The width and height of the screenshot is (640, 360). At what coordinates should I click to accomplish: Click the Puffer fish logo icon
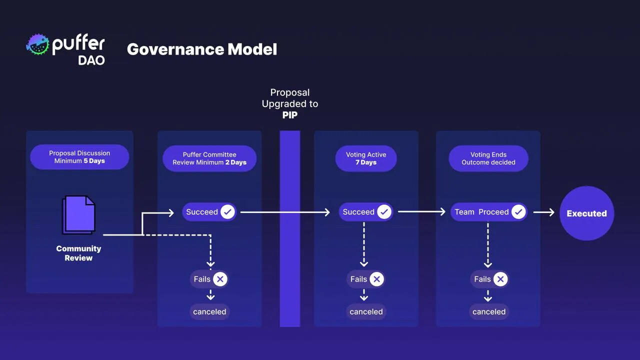coord(38,44)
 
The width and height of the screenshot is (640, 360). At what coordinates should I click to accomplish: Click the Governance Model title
coord(201,49)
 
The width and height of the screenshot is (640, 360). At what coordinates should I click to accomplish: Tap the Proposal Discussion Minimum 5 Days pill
coord(79,157)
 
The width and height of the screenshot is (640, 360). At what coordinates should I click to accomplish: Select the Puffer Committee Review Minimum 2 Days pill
coord(209,158)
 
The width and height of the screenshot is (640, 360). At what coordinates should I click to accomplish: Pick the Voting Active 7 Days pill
coord(366,158)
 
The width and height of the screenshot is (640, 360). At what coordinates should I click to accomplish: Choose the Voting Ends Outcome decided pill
coord(488,158)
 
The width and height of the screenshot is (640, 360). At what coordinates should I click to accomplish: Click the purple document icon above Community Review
coord(79,214)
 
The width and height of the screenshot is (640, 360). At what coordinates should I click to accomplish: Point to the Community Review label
coord(78,253)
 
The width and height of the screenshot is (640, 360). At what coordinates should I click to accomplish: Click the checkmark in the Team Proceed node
coord(518,212)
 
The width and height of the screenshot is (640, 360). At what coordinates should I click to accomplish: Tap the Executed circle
coord(586,213)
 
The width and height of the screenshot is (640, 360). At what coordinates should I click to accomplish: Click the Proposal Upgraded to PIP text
coord(290,103)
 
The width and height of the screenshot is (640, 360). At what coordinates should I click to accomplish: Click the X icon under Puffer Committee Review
coord(220,279)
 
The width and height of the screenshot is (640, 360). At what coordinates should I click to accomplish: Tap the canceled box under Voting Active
coord(366,311)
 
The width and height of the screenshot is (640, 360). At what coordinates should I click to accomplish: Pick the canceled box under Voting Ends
coord(488,311)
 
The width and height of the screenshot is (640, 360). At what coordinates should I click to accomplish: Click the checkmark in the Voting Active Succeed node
coord(384,212)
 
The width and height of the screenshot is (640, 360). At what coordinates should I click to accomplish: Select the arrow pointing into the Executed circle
coord(544,212)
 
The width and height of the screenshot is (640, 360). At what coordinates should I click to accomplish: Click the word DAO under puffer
coord(91,60)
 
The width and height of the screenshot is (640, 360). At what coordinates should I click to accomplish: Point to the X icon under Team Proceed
coord(500,279)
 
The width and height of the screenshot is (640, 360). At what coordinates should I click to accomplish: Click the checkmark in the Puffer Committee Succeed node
coord(227,212)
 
